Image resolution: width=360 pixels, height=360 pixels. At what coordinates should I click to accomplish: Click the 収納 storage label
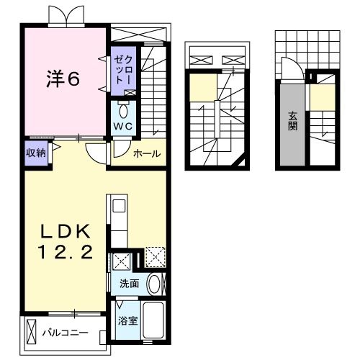pyautogui.click(x=36, y=152)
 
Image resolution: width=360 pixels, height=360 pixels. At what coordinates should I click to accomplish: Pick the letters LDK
pyautogui.click(x=65, y=232)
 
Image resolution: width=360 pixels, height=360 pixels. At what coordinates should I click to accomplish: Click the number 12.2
pyautogui.click(x=65, y=253)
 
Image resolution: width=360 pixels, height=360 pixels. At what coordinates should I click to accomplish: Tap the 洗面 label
pyautogui.click(x=130, y=284)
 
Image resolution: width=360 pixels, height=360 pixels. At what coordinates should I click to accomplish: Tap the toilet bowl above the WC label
pyautogui.click(x=122, y=110)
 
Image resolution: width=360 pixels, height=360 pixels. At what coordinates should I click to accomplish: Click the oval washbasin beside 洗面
pyautogui.click(x=154, y=284)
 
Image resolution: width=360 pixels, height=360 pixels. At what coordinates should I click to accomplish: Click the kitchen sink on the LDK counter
pyautogui.click(x=117, y=208)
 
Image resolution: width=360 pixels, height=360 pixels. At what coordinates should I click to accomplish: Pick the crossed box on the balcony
pyautogui.click(x=30, y=332)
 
